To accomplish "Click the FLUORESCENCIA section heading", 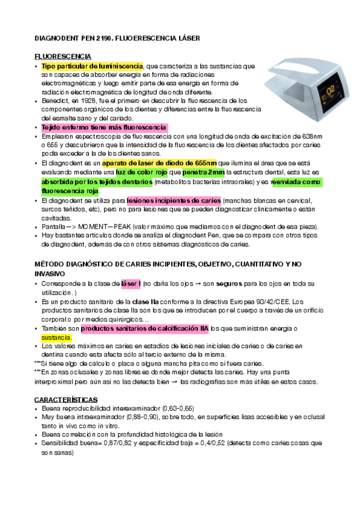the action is pyautogui.click(x=63, y=56).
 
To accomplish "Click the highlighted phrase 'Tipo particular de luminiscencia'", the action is pyautogui.click(x=92, y=66).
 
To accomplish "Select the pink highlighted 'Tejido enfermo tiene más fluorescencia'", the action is pyautogui.click(x=104, y=128).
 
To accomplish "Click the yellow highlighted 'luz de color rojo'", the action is pyautogui.click(x=141, y=172).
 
